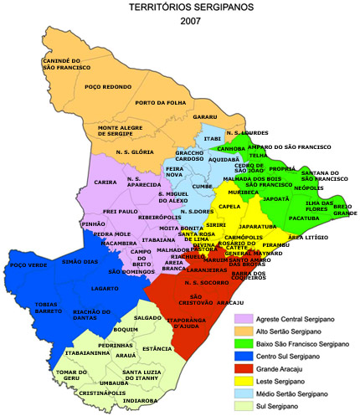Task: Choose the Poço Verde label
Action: (x=24, y=265)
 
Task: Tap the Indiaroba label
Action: (x=140, y=401)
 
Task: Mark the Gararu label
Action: (x=206, y=117)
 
